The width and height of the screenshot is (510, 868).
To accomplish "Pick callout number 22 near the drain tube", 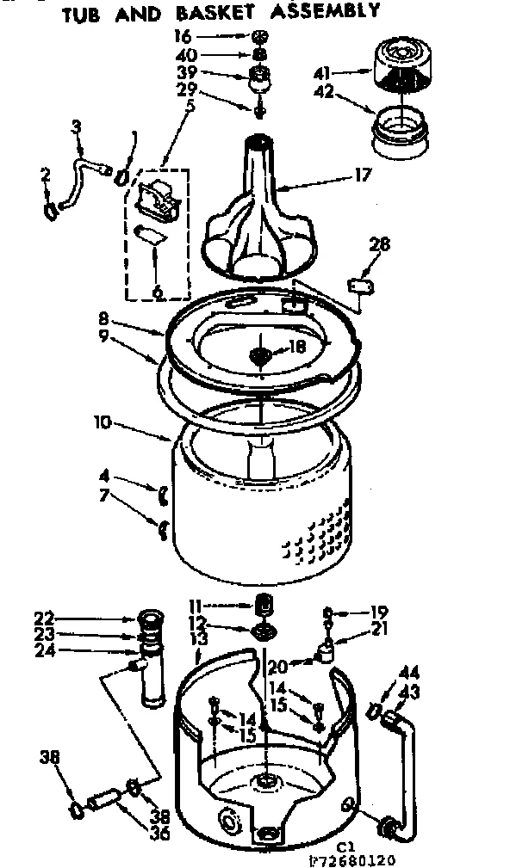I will pos(44,616).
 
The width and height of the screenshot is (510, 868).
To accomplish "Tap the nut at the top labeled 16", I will pos(259,37).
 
